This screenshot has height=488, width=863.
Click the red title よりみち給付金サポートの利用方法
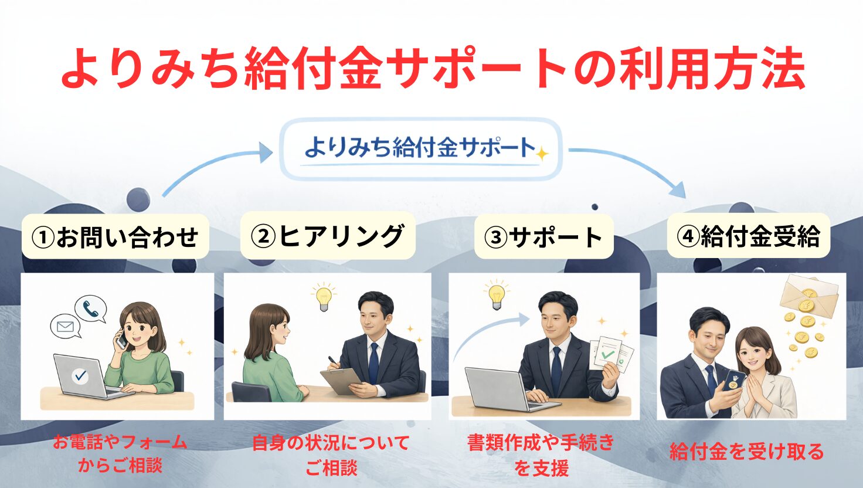tap(433, 68)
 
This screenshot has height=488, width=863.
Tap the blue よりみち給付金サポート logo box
tap(421, 149)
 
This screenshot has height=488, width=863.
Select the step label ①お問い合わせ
tap(115, 236)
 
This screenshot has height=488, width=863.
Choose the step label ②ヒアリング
tap(328, 236)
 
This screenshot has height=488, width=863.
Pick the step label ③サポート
tap(543, 237)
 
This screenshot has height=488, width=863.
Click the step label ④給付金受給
tap(748, 236)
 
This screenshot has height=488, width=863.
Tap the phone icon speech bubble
tap(91, 309)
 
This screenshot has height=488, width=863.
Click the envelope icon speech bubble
tap(66, 327)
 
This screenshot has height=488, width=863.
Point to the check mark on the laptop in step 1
tap(80, 375)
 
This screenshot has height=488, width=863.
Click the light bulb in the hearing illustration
tap(324, 299)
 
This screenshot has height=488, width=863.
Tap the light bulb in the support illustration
tap(497, 296)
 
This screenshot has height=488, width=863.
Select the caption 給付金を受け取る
tap(747, 452)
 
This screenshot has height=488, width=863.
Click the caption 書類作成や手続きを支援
tap(541, 455)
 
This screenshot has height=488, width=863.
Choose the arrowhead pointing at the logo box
tap(266, 152)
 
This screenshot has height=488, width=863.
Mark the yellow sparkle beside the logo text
tap(542, 154)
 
